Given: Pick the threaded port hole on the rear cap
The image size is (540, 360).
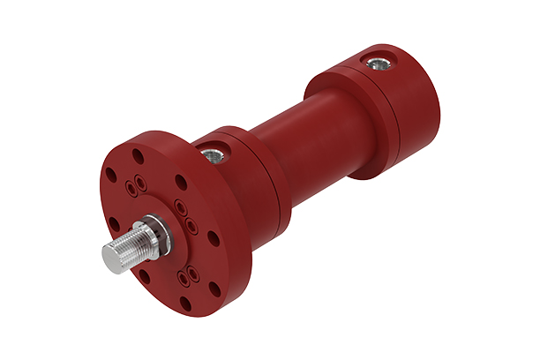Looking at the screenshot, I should [378, 63].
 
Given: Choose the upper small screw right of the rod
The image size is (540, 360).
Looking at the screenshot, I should [180, 208].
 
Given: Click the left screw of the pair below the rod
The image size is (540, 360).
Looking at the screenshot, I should [183, 276].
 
